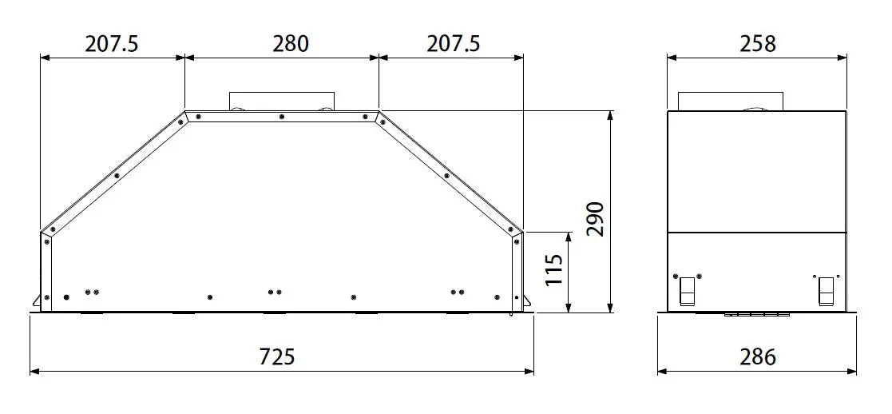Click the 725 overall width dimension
[277, 357]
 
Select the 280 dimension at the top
[290, 43]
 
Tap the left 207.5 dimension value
[112, 43]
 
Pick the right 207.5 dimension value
[454, 43]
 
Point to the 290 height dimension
[595, 219]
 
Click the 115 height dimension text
[553, 269]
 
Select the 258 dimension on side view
[757, 43]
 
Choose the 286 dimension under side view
[757, 357]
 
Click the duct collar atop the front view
[282, 101]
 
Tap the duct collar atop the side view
[731, 101]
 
